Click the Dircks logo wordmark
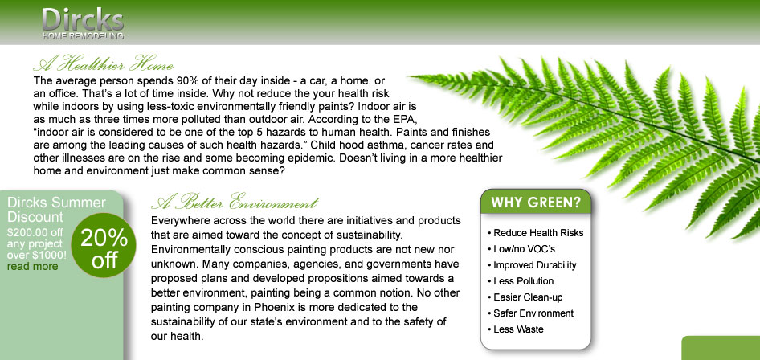point(83,19)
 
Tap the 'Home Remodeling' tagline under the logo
point(83,36)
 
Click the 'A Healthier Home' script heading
point(104,63)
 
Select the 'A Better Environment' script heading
point(235,201)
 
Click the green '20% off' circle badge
point(104,245)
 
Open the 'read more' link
point(32,267)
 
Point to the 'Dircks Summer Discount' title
point(56,209)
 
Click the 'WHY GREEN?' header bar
point(536,202)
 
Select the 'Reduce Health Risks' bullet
point(536,233)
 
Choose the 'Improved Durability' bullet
point(532,265)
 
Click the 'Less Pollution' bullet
point(521,281)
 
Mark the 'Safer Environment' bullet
point(531,313)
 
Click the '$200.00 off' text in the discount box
point(35,232)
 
